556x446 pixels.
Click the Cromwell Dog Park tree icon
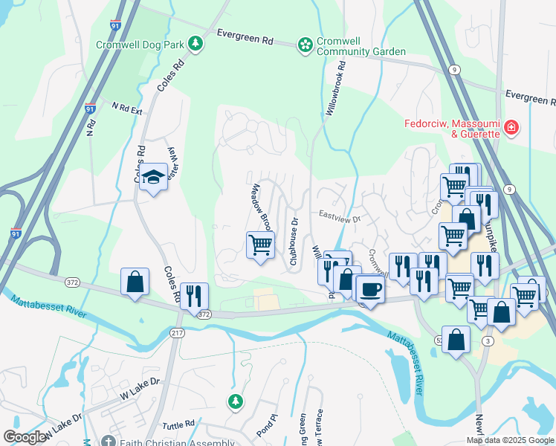195,45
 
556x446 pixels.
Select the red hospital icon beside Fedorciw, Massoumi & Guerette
511,129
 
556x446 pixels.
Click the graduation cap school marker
153,178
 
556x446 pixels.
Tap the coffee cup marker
369,288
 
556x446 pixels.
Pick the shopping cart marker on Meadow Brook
260,244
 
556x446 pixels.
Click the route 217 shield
177,332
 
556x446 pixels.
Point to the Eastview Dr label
339,219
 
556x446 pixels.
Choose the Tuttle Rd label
179,423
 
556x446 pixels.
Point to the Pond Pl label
267,425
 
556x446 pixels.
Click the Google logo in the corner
24,438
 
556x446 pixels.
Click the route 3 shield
487,340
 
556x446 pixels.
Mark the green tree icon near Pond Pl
236,401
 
